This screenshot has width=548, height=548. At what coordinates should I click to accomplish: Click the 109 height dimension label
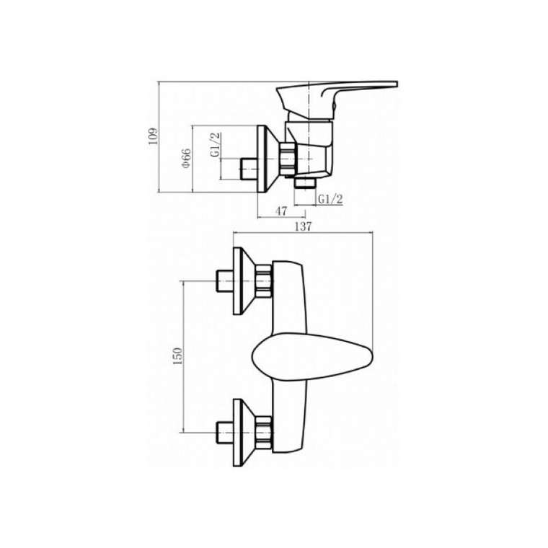(x=153, y=136)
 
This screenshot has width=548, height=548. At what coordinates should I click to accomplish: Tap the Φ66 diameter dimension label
(x=186, y=158)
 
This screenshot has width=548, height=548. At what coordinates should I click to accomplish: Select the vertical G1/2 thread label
(x=215, y=145)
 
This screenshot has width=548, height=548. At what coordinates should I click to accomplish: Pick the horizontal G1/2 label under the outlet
(x=330, y=199)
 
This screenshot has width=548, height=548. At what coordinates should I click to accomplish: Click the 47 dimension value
(x=281, y=211)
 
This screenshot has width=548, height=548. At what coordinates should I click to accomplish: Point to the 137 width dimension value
(x=303, y=226)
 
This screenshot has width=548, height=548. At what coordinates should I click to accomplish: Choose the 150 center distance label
(x=178, y=356)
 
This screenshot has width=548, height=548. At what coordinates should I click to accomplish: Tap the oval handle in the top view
(x=312, y=356)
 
